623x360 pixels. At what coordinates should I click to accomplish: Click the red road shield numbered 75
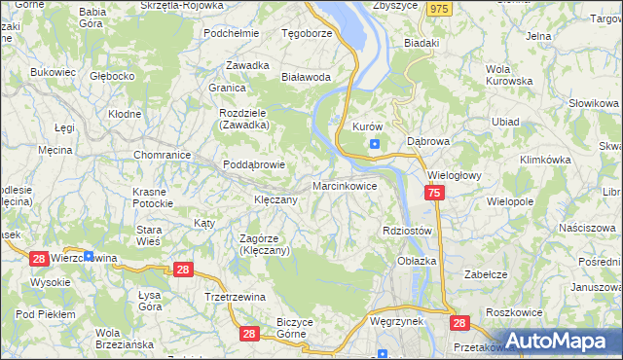434,195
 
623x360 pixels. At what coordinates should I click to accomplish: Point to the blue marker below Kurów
375,145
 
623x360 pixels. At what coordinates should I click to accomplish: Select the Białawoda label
306,76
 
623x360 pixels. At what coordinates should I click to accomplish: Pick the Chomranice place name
161,154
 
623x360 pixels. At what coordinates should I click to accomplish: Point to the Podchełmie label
231,32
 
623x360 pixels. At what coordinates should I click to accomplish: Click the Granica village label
226,87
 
